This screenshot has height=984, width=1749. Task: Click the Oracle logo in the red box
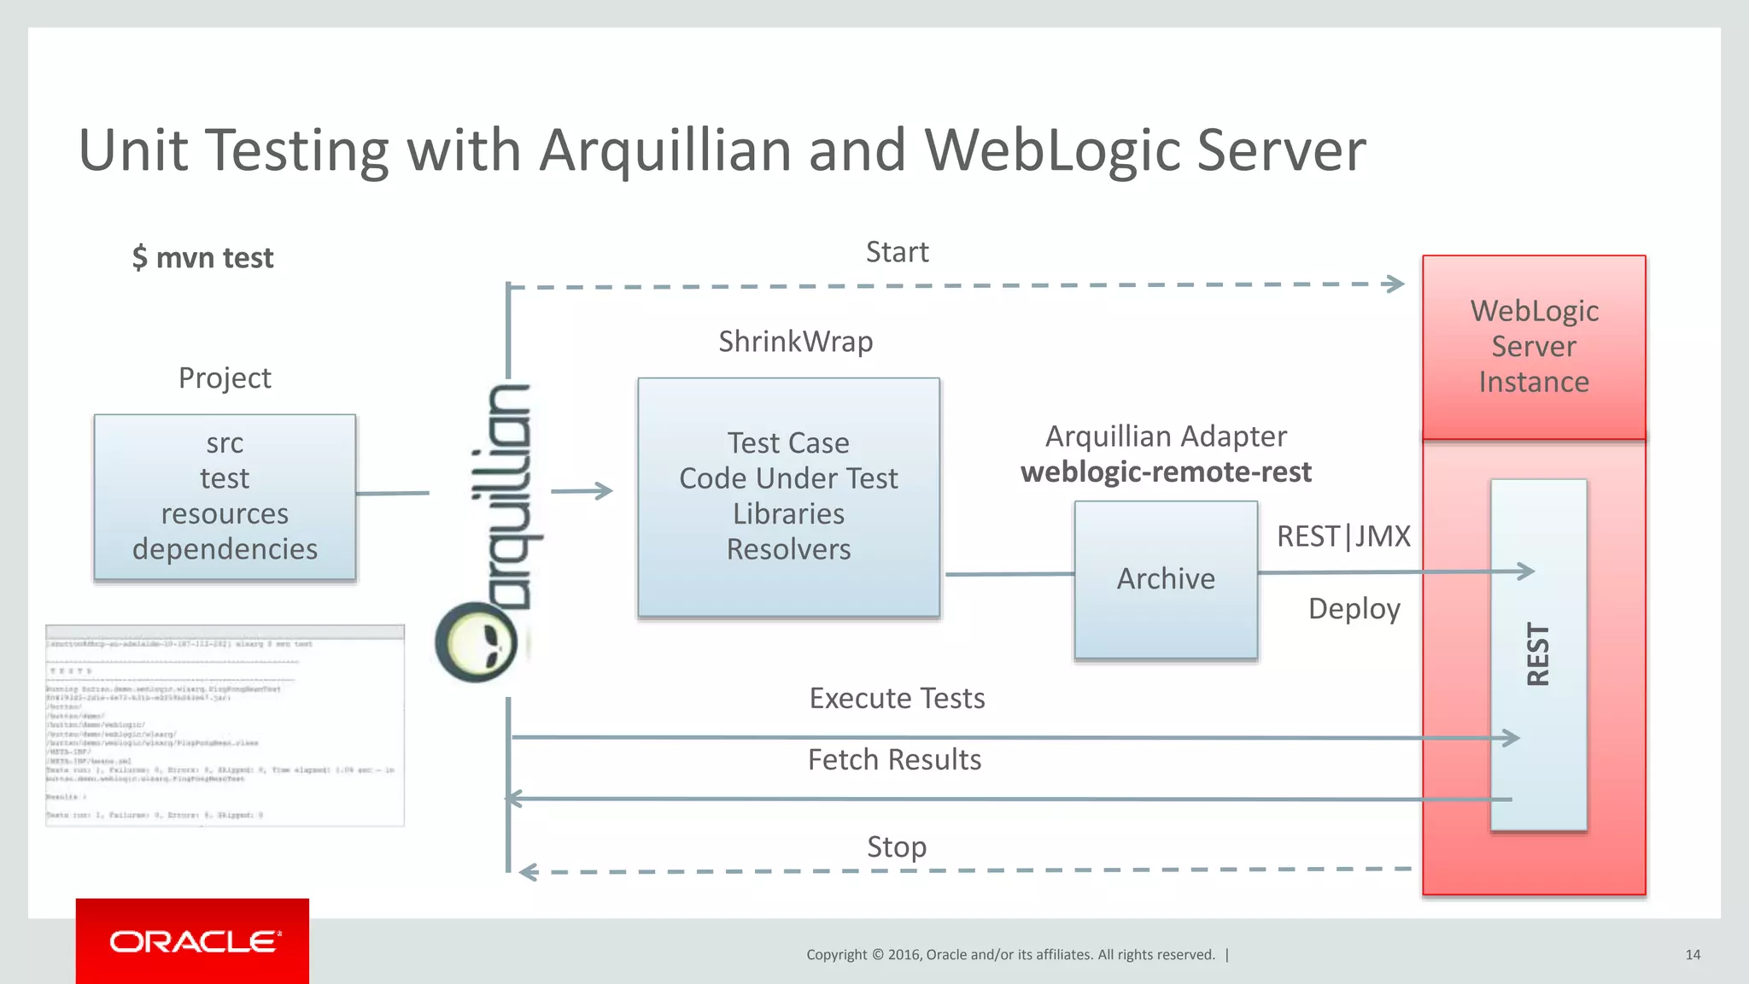[194, 941]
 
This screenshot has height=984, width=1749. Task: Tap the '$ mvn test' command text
[203, 258]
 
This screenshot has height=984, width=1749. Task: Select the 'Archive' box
[1166, 579]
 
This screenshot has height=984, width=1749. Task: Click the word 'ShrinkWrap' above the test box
[795, 342]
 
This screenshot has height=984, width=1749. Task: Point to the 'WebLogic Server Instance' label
[1534, 347]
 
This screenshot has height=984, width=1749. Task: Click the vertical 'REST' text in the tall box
[1538, 653]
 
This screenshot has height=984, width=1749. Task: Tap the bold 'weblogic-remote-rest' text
[1166, 471]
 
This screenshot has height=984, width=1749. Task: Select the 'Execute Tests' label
[897, 699]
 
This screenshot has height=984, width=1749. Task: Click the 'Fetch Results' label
[894, 759]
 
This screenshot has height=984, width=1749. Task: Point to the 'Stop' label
[896, 847]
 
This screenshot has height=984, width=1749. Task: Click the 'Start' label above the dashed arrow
[897, 252]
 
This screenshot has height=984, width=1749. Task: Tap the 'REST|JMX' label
[1343, 536]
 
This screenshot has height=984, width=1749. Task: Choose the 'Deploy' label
[1354, 609]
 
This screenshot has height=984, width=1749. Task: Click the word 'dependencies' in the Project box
[225, 549]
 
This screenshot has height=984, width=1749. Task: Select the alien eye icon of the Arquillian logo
[477, 642]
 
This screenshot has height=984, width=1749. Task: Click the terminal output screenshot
[225, 725]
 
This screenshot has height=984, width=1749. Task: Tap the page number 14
[1693, 955]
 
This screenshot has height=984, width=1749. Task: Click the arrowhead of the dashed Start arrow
[1395, 284]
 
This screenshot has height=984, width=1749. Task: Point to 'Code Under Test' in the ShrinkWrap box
[788, 478]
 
